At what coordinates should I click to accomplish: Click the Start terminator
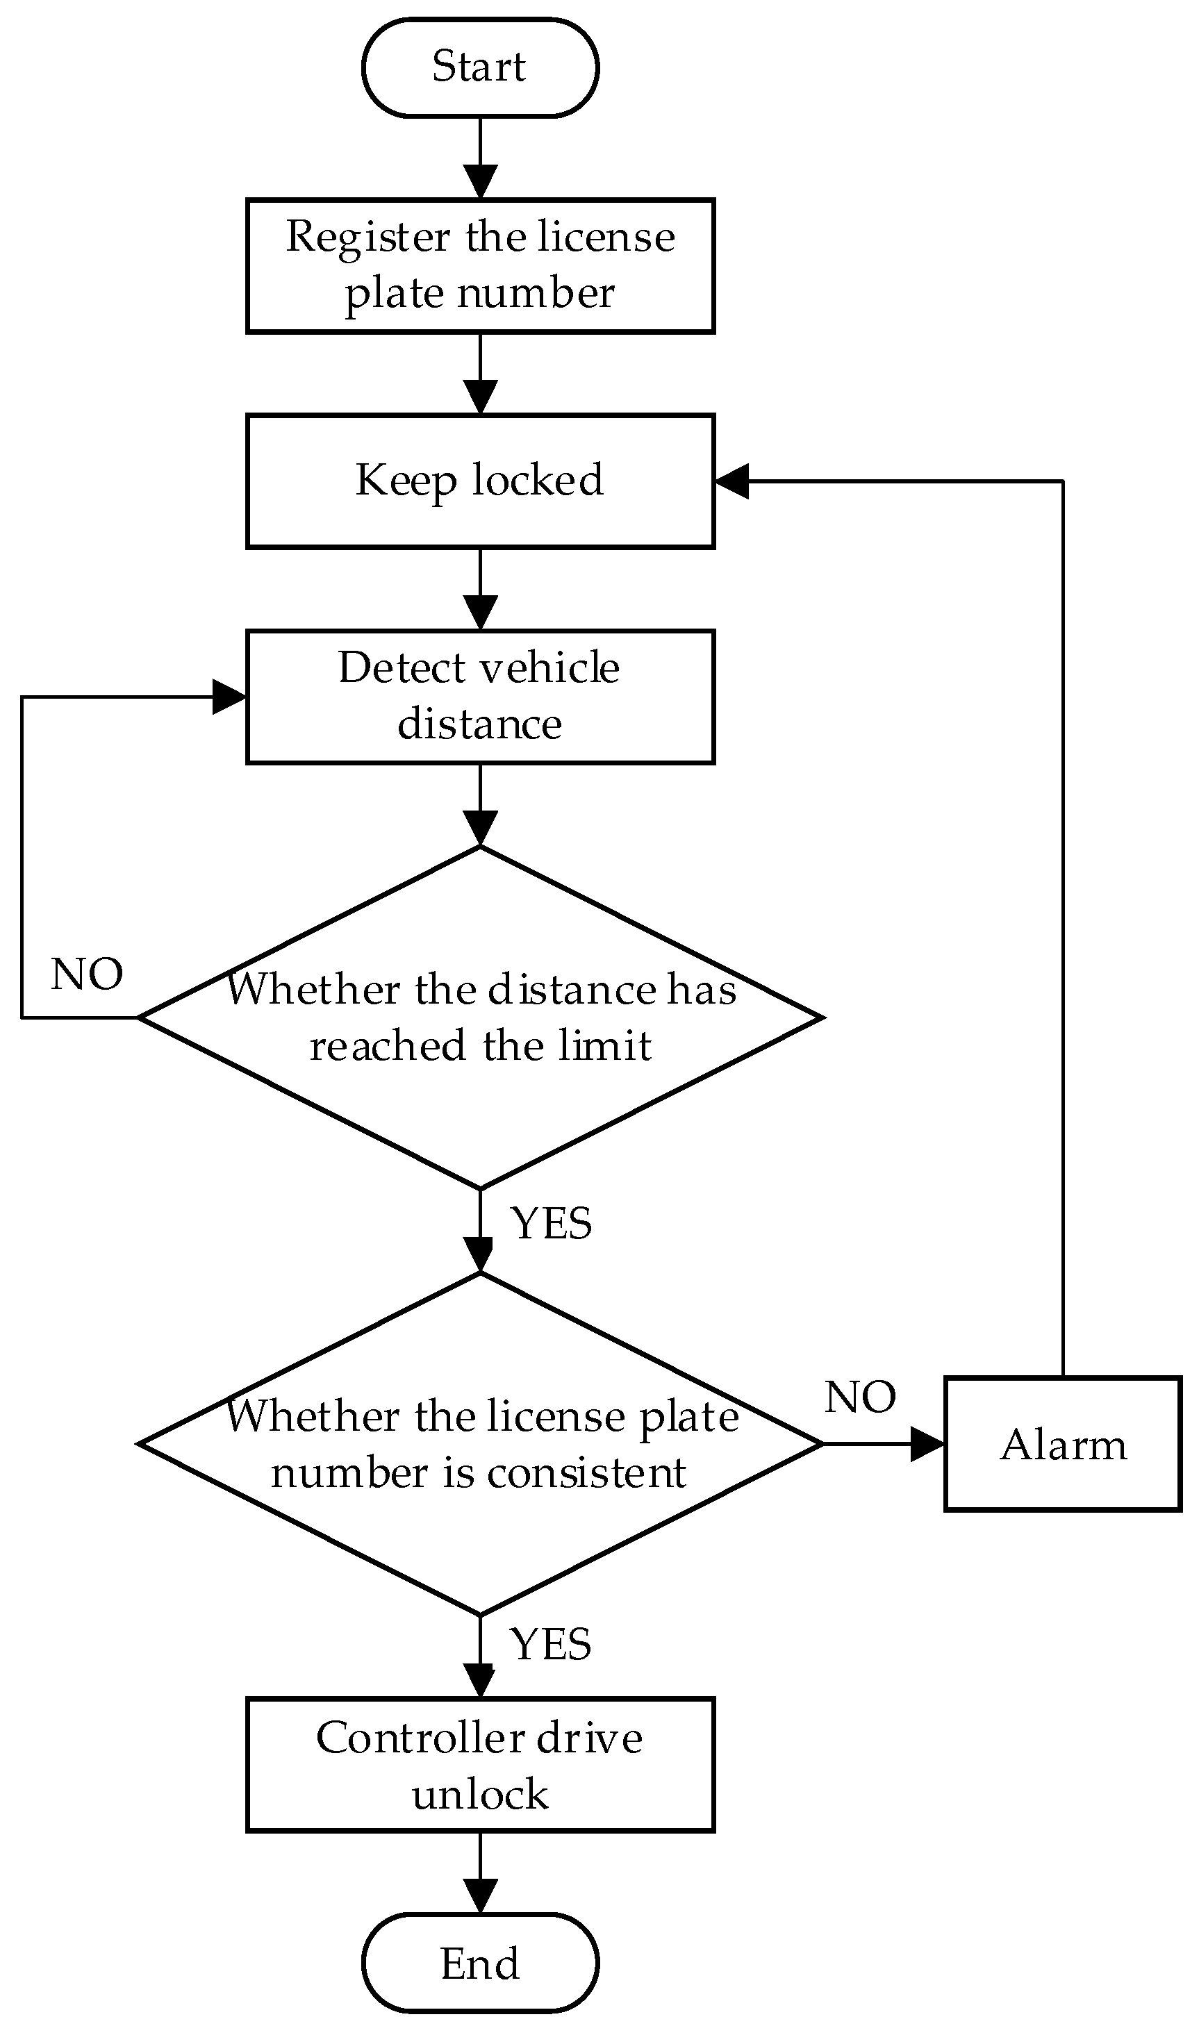click(480, 68)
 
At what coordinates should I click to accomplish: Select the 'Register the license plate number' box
click(480, 266)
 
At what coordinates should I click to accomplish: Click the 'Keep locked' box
click(480, 481)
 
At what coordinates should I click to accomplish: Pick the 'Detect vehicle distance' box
click(480, 697)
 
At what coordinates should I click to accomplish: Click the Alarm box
click(1062, 1445)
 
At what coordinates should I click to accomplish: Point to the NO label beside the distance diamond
click(86, 974)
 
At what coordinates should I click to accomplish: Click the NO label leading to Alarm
click(860, 1397)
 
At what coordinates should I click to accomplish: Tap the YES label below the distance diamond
click(551, 1224)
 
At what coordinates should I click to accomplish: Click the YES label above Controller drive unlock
click(551, 1645)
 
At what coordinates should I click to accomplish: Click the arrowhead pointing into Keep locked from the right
click(732, 481)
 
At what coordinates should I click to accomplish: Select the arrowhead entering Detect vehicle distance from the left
click(229, 697)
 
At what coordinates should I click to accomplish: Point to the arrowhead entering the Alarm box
click(927, 1445)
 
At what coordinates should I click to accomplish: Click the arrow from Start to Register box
click(480, 158)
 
